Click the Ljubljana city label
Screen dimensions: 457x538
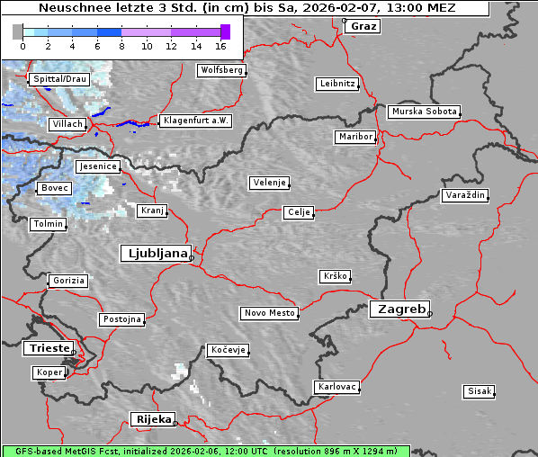click(x=155, y=254)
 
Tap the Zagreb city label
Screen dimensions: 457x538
click(x=399, y=309)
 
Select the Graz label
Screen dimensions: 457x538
click(x=363, y=26)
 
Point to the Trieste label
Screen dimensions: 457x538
click(x=46, y=347)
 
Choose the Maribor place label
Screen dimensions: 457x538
click(x=354, y=137)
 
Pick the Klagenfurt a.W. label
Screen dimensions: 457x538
click(x=195, y=121)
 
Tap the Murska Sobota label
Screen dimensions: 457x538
click(x=424, y=112)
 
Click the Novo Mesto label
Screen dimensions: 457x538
click(x=269, y=313)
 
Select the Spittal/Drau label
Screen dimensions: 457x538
click(x=59, y=79)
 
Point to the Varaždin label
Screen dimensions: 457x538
click(x=465, y=195)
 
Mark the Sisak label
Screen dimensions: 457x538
click(x=479, y=391)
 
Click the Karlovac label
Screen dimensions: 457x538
click(x=337, y=387)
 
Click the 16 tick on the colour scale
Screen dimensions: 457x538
click(x=220, y=46)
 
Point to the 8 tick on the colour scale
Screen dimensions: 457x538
click(x=121, y=46)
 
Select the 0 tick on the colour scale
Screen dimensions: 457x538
click(x=22, y=46)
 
